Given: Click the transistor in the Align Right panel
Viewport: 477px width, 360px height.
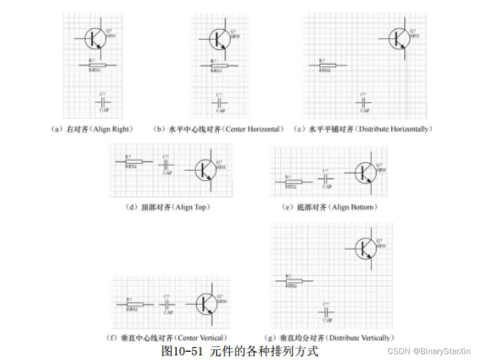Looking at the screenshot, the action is coord(95,39).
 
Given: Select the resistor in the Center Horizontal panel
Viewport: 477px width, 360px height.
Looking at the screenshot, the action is coord(219,66).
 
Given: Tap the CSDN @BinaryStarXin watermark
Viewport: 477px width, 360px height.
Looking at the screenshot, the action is coord(429,351).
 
